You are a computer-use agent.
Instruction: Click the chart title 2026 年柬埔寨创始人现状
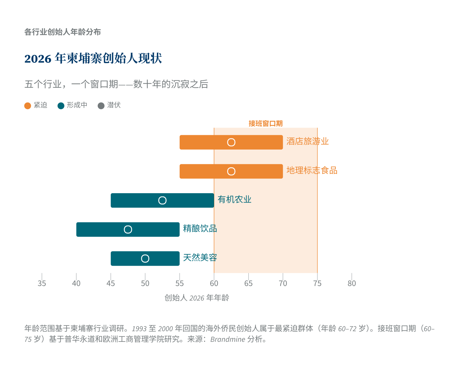(93, 59)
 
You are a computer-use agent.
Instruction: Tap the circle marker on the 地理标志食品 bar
(231, 171)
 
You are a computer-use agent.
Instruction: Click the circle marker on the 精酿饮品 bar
(128, 229)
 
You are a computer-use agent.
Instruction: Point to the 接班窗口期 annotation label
(266, 124)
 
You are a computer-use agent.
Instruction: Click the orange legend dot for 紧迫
(28, 106)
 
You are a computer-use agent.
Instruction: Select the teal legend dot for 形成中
(61, 106)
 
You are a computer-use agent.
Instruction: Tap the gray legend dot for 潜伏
(101, 106)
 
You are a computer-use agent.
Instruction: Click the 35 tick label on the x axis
(42, 284)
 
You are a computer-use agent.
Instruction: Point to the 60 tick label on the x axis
(214, 284)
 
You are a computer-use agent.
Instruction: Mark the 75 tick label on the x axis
(317, 284)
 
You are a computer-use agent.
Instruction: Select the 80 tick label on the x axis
(352, 284)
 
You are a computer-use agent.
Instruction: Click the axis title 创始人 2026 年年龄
(197, 298)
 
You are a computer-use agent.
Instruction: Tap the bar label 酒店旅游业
(308, 142)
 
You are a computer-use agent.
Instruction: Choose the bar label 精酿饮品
(200, 229)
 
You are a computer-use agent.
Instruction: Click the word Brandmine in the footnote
(227, 339)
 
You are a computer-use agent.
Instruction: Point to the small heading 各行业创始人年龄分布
(63, 32)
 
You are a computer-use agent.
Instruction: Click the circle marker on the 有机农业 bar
(162, 201)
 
